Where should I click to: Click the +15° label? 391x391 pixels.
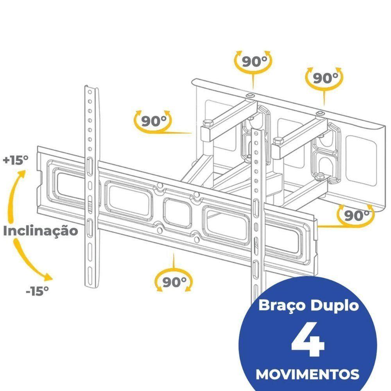coord(16,160)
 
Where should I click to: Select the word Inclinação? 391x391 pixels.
coord(40,231)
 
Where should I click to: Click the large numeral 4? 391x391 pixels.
coord(308,342)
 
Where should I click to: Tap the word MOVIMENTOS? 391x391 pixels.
coord(307,374)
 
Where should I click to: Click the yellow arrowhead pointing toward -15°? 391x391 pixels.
coord(48,278)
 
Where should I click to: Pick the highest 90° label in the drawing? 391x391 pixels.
coord(254,61)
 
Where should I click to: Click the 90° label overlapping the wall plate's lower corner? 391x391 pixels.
coord(357,214)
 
